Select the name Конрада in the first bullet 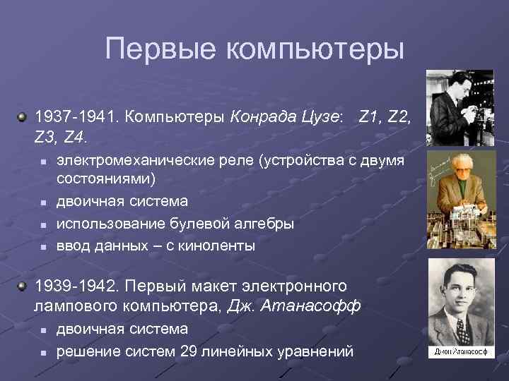(262, 116)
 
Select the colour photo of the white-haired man (460, 200)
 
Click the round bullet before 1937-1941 (23, 115)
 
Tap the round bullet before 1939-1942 (23, 285)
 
